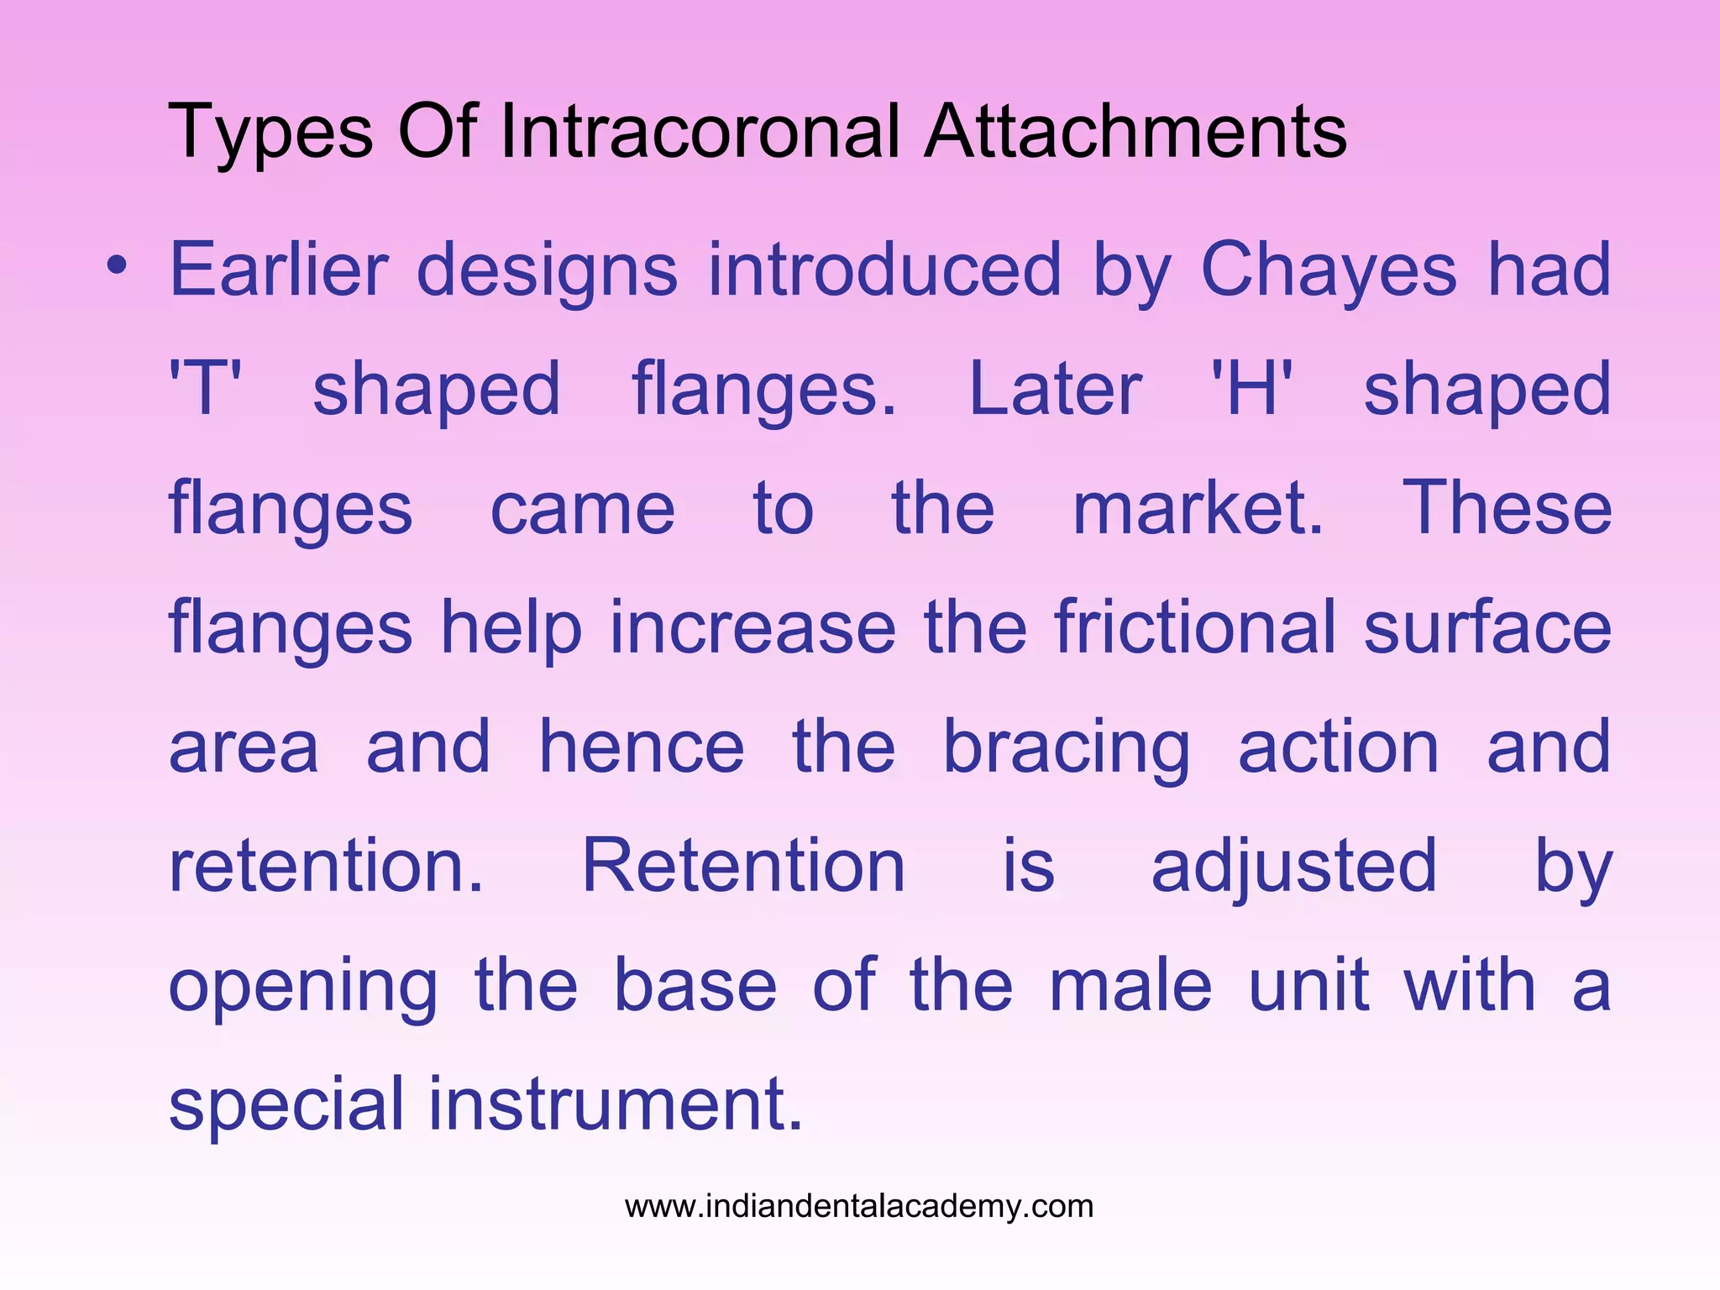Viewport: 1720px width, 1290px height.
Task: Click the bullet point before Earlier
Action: (x=118, y=265)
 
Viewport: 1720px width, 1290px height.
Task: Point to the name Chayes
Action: (x=1329, y=270)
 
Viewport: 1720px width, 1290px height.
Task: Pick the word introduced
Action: (x=885, y=270)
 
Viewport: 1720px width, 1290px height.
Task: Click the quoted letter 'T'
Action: (x=205, y=389)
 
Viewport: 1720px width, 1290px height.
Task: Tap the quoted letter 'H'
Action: (x=1251, y=389)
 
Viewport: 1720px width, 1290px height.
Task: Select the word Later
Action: (x=1055, y=389)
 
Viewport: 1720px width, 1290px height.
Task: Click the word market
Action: (x=1198, y=508)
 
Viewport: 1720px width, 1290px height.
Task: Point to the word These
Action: (x=1507, y=508)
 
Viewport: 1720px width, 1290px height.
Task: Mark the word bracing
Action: (x=1067, y=747)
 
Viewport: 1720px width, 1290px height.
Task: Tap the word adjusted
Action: (x=1293, y=867)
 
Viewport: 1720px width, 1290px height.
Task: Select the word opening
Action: (x=303, y=988)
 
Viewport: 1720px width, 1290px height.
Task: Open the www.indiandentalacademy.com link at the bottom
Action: (x=859, y=1207)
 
